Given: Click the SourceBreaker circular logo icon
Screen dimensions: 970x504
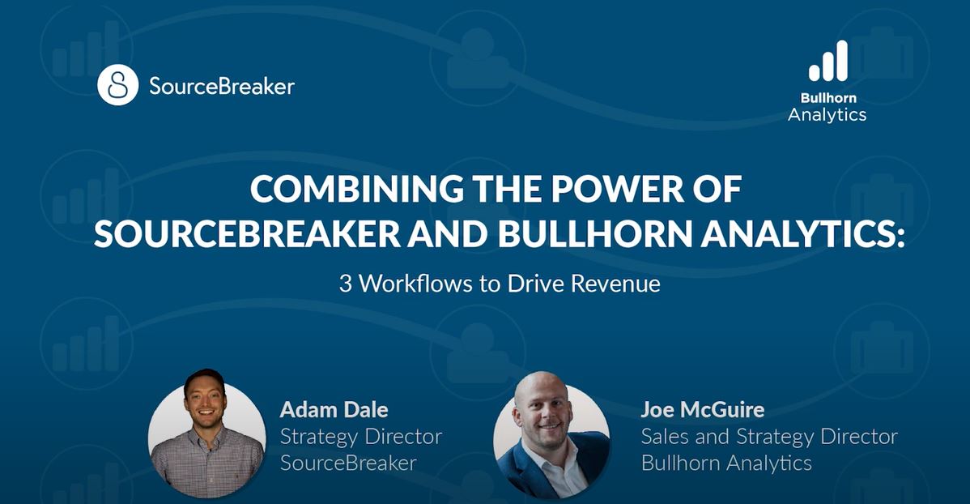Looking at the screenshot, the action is (117, 85).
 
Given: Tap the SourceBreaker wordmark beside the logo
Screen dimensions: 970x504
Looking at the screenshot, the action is (222, 86).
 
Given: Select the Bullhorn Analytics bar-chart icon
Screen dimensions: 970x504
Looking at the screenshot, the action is (828, 61).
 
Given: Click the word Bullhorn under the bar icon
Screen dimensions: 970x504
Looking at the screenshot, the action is (828, 98).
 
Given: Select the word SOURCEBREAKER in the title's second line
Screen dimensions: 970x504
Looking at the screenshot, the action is (248, 234).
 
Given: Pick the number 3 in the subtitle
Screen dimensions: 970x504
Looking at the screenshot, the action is (345, 284).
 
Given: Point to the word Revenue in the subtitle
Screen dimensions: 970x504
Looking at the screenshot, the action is (615, 284).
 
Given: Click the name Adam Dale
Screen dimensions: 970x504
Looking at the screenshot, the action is (334, 409).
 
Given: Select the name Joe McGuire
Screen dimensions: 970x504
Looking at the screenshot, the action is (703, 409).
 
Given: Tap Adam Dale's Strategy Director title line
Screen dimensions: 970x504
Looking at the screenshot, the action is (361, 437).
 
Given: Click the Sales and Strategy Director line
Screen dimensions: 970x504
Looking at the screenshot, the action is (769, 437).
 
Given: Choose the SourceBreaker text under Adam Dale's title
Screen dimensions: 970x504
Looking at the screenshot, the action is (348, 463).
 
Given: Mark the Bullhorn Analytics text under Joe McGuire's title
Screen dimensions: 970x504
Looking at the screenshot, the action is (726, 463).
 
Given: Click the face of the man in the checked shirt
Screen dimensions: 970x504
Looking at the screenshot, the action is (206, 401).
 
